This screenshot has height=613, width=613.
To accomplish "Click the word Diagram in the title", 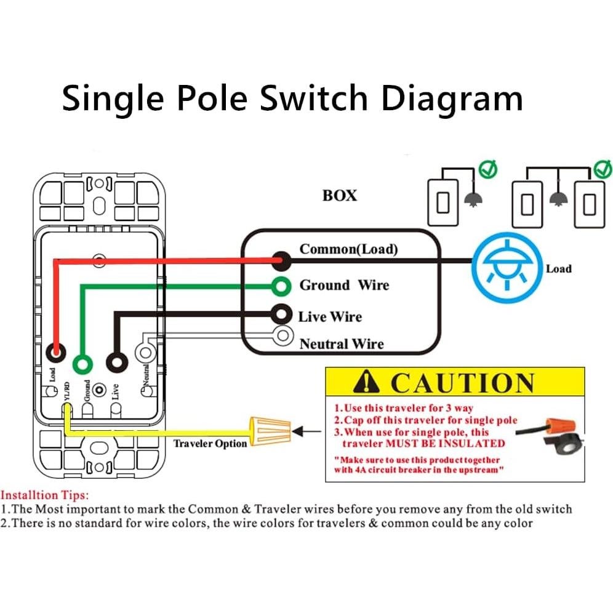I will click(x=452, y=98).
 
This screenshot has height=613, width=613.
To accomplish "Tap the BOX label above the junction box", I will click(x=339, y=196).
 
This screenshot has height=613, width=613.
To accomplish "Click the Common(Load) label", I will click(x=348, y=249).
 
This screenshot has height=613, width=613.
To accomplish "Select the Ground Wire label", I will click(x=344, y=285).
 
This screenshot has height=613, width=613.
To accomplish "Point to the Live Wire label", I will click(x=330, y=317).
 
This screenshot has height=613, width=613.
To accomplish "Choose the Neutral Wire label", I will click(x=341, y=344).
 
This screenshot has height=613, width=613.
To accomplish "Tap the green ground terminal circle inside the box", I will click(x=281, y=286).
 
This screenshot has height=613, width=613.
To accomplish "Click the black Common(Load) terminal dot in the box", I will click(x=281, y=260).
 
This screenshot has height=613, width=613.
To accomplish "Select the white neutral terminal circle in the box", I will click(x=282, y=335).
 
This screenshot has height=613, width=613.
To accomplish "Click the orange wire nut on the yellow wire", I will click(x=270, y=430).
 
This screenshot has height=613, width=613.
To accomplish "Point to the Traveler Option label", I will click(x=210, y=443).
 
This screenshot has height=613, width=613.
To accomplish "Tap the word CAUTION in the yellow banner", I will click(x=462, y=383).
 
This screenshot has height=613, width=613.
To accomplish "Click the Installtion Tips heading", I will click(x=44, y=494).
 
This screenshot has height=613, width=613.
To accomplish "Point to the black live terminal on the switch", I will click(x=114, y=362).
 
